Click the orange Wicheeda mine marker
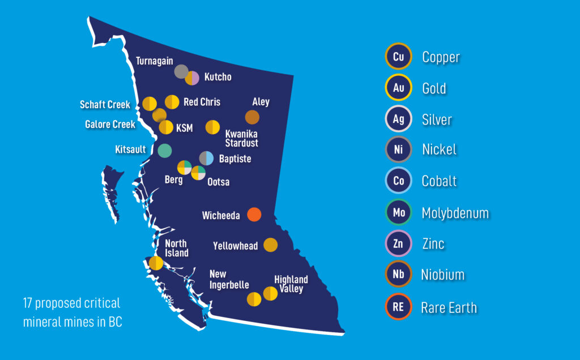(254, 215)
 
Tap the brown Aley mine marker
(252, 117)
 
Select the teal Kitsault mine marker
(165, 150)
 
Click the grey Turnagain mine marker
(181, 71)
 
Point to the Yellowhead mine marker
(271, 245)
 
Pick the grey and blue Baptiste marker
(207, 158)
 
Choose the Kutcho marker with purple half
(193, 78)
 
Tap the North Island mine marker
(156, 263)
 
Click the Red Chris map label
(202, 102)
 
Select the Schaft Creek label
(105, 105)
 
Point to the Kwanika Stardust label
(241, 138)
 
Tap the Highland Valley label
(291, 284)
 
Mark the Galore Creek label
(110, 124)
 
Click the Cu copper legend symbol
(398, 57)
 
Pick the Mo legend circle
(398, 213)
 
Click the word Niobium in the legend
(442, 275)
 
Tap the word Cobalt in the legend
(439, 182)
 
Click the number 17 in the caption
(28, 303)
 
